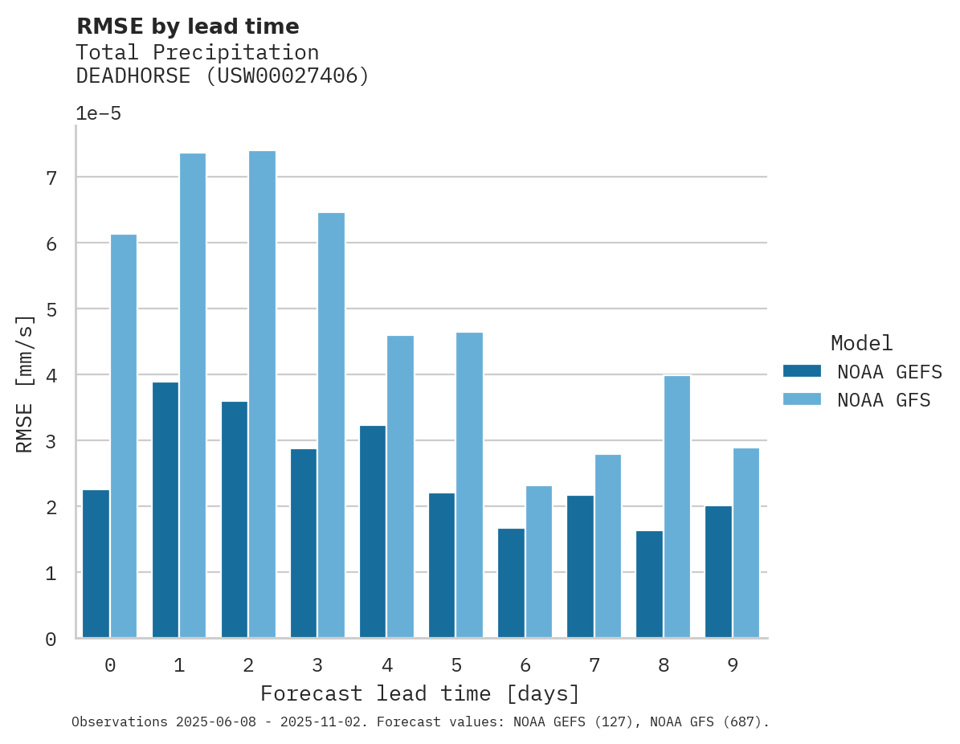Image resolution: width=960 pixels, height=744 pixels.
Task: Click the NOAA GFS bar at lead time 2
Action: [x=262, y=394]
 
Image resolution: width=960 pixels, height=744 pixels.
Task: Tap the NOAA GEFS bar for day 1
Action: [x=165, y=510]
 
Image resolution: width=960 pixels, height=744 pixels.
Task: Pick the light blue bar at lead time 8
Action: [x=677, y=507]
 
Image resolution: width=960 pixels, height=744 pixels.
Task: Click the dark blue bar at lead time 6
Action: [x=511, y=583]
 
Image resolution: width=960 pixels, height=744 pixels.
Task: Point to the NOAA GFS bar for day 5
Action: [x=469, y=485]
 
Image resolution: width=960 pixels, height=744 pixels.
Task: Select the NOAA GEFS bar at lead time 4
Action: [x=373, y=532]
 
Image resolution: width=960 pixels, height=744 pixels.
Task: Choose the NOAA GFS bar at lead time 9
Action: [x=746, y=543]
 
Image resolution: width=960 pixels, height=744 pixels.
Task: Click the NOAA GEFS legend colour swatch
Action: [x=802, y=371]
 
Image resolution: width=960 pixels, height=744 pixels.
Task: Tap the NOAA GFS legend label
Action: [x=884, y=400]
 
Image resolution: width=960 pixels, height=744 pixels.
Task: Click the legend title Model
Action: [x=861, y=344]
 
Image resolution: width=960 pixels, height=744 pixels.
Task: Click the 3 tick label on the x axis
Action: [x=317, y=665]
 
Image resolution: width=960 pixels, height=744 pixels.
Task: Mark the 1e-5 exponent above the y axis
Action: [x=98, y=114]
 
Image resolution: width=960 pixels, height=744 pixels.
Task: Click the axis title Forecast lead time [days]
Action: [x=419, y=693]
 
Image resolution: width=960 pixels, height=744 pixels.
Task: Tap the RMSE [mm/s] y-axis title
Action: [x=25, y=384]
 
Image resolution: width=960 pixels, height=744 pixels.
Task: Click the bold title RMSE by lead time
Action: [x=187, y=27]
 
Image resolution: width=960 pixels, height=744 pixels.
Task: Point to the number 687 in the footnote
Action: [x=737, y=722]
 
